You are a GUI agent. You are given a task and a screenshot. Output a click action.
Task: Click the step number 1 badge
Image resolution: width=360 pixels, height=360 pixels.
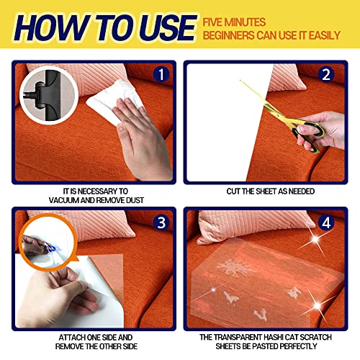(x=161, y=74)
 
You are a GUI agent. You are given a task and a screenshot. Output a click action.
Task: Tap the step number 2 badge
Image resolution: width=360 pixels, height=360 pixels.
(x=326, y=74)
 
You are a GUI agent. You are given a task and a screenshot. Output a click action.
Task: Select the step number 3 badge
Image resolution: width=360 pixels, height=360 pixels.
(x=161, y=222)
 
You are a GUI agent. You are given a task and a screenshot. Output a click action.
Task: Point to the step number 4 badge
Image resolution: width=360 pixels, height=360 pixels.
(x=326, y=223)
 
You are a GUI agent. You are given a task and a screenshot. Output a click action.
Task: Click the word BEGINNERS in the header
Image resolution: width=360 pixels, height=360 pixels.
(x=228, y=35)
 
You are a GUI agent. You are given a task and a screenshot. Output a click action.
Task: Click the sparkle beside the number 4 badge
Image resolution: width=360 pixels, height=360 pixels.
(x=315, y=239)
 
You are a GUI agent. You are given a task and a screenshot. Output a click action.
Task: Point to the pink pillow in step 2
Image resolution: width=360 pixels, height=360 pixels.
(x=287, y=78)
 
